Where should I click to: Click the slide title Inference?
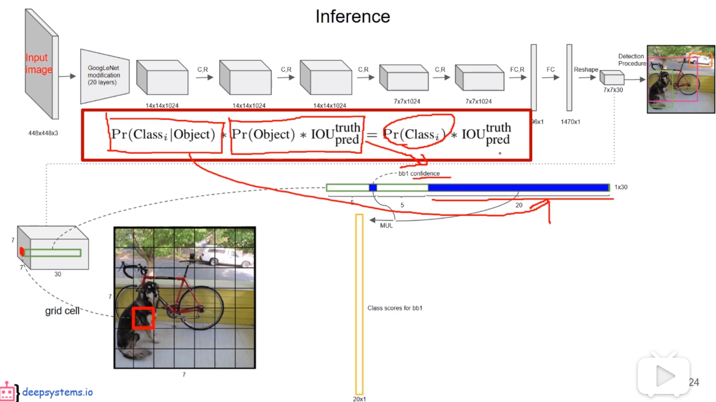353,17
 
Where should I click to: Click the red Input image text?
38,63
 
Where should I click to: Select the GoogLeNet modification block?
104,75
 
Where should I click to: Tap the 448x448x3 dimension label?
43,133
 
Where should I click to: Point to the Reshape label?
585,70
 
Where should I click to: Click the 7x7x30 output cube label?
613,90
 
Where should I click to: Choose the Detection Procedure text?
632,60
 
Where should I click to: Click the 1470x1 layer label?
570,122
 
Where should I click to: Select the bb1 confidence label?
419,173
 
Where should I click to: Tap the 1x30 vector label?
621,187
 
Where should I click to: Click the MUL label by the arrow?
386,225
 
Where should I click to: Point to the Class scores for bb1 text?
395,308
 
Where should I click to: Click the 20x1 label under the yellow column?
359,399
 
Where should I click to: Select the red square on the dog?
143,317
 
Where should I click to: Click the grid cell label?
62,311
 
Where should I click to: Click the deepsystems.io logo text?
57,392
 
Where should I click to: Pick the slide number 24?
694,382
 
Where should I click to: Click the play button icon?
664,376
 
